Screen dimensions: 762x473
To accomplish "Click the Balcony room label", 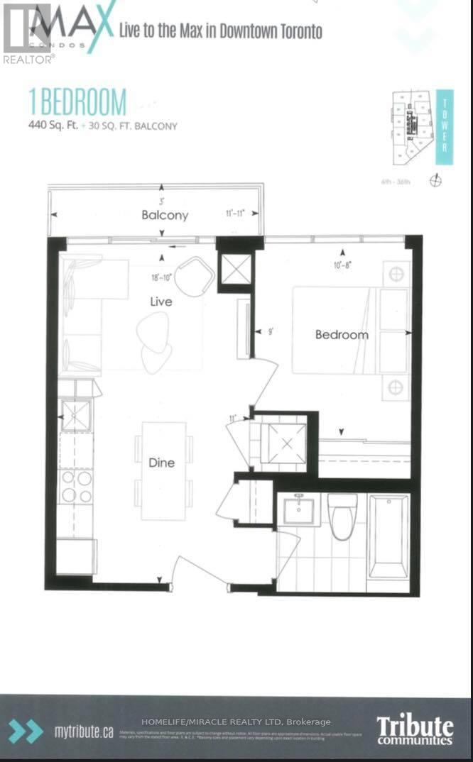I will [164, 215].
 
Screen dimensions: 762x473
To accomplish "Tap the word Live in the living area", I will [161, 302].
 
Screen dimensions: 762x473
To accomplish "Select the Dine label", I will [161, 463].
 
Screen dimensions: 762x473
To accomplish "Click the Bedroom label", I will [342, 335].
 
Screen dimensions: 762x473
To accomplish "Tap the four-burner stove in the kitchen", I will [76, 486].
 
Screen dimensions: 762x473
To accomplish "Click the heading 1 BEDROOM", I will [78, 104].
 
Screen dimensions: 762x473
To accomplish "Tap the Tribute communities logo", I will [414, 729].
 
